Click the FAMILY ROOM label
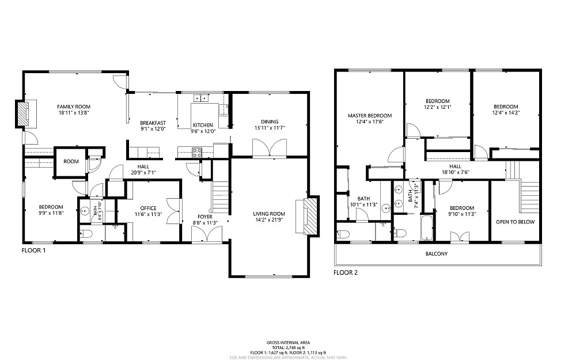pos(74,107)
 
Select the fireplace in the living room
pos(310,216)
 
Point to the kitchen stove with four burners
pos(197,153)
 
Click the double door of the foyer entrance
pos(206,234)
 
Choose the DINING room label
pos(270,122)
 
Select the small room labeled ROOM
pos(71,162)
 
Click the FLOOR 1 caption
pos(33,251)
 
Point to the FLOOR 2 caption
pos(346,272)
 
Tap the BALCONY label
pos(437,254)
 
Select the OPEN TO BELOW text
pos(516,222)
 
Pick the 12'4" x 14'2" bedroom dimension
pos(506,113)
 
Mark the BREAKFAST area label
pos(153,123)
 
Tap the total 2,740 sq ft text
pos(288,347)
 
